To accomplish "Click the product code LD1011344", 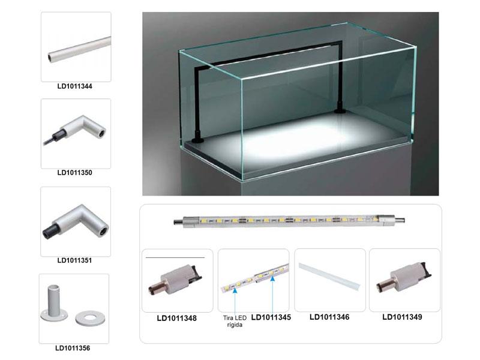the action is (74, 86).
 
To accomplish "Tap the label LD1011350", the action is (74, 173).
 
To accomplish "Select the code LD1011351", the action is (74, 260).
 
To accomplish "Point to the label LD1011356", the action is (73, 348).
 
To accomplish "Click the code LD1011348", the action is (176, 319).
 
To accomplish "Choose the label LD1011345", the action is (271, 317).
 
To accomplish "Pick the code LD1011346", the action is (329, 317).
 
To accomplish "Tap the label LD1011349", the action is (402, 317).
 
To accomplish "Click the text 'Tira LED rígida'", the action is (235, 322).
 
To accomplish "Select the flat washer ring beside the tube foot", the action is (90, 319).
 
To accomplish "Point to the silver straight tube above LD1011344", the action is (80, 50).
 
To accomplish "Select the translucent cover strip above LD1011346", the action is (329, 277).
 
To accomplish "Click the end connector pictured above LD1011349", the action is (404, 277).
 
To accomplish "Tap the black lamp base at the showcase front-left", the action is (197, 140).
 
